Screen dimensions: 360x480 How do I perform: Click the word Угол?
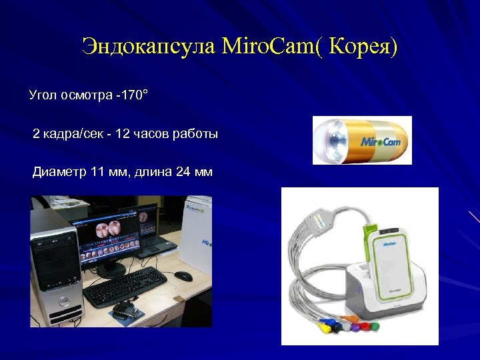(x=43, y=95)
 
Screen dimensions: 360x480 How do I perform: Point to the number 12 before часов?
(x=123, y=135)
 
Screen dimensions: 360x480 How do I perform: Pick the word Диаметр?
(x=59, y=173)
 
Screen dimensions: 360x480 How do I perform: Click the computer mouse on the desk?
(x=183, y=276)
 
